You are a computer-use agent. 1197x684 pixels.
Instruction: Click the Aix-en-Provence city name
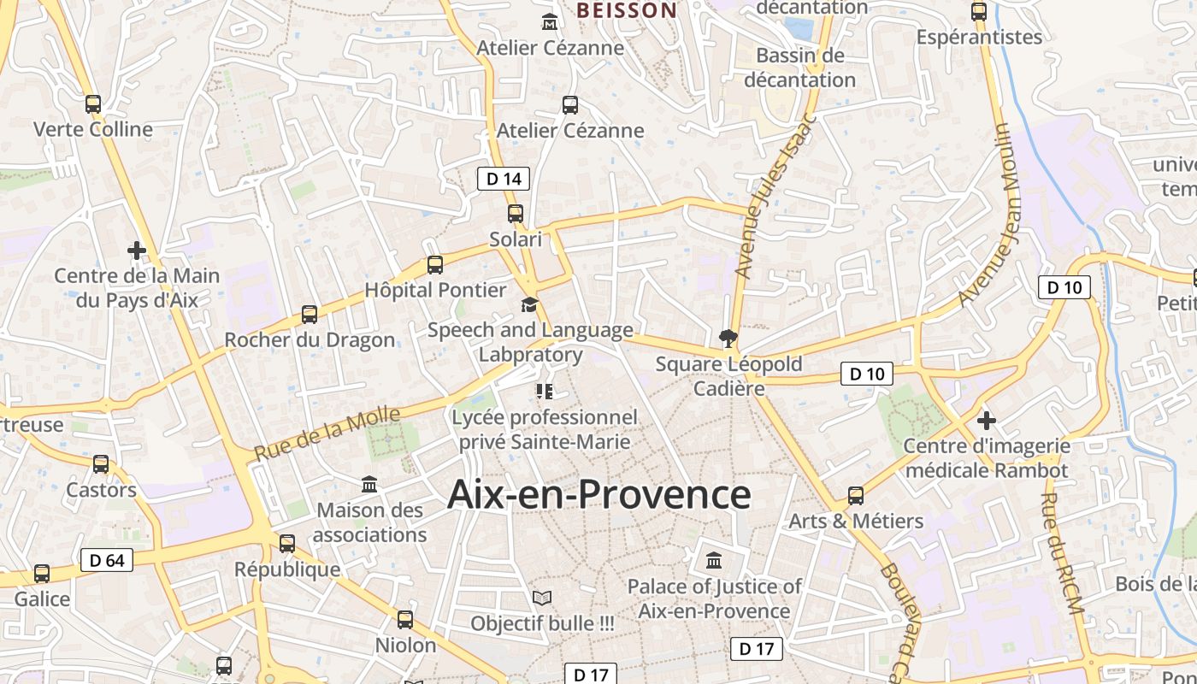click(x=598, y=494)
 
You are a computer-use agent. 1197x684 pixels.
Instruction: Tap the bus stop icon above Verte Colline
click(x=93, y=104)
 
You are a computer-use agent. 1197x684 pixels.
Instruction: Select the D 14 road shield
click(x=503, y=179)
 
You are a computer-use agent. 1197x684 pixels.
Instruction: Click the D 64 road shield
click(x=107, y=561)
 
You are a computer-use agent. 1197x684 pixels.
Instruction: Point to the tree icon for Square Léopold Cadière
click(x=728, y=339)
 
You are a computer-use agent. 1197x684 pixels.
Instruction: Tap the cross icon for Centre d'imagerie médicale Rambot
click(x=987, y=420)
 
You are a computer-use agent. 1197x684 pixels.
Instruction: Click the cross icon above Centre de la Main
click(x=136, y=251)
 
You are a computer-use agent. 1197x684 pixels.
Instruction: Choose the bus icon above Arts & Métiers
click(x=855, y=495)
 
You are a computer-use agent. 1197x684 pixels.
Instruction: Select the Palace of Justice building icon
click(x=714, y=561)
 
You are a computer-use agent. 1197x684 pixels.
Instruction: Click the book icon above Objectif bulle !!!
click(x=542, y=598)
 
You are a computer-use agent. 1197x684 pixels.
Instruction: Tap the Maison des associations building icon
click(x=369, y=485)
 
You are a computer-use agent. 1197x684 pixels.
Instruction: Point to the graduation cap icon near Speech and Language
click(x=530, y=304)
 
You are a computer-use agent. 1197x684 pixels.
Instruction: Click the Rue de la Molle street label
click(x=327, y=435)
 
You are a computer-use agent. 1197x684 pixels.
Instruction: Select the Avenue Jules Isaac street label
click(x=775, y=198)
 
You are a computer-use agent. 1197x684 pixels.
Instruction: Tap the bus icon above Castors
click(x=101, y=464)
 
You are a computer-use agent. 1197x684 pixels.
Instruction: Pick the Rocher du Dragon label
click(x=310, y=340)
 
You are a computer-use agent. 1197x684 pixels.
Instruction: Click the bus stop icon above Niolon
click(x=405, y=619)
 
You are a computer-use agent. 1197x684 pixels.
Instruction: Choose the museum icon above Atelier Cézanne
click(x=549, y=21)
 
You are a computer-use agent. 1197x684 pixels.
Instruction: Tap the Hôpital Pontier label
click(x=435, y=290)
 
